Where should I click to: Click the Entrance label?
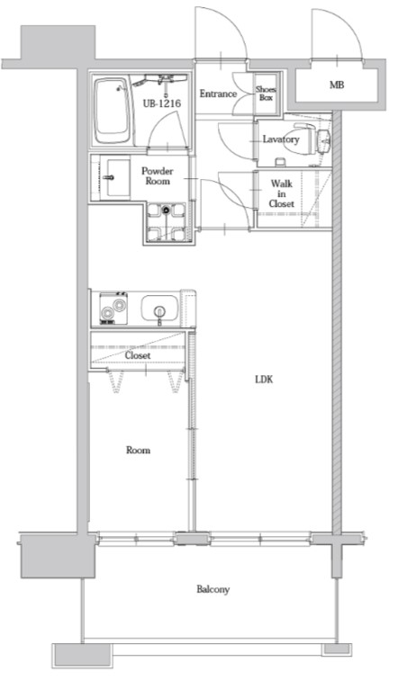[x=218, y=94]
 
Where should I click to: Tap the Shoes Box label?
[x=266, y=94]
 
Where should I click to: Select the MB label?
[x=337, y=85]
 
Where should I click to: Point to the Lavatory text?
[x=281, y=139]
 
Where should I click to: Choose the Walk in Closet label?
[x=281, y=193]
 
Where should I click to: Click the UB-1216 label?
[x=162, y=103]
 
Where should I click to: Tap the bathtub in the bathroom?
[x=113, y=111]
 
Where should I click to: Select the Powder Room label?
[x=157, y=176]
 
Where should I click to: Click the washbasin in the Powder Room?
[x=116, y=177]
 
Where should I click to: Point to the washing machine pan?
[x=166, y=222]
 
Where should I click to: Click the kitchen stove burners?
[x=113, y=309]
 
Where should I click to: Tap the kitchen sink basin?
[x=159, y=309]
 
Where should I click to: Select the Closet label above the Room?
[x=138, y=355]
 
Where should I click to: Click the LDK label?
[x=264, y=380]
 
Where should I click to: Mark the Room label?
[x=139, y=450]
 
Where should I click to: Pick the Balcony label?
[x=213, y=589]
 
